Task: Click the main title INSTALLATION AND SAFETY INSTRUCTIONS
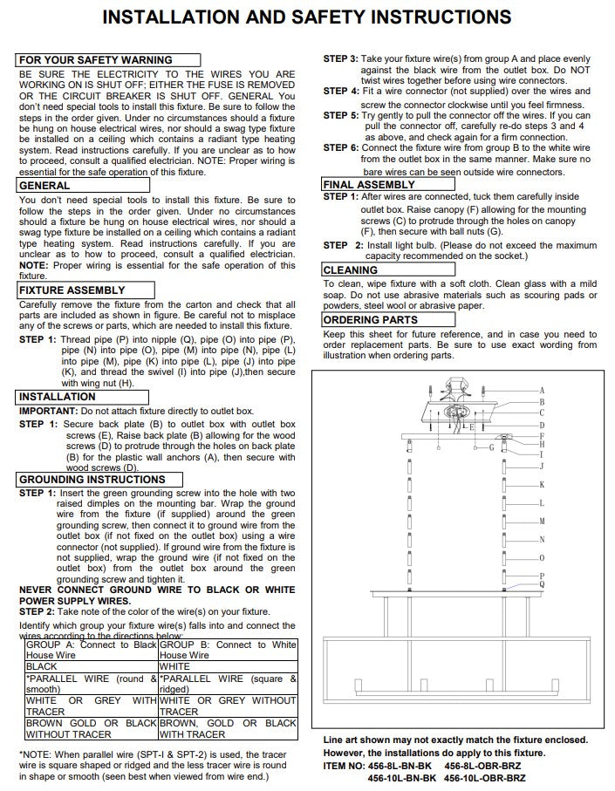coord(307,17)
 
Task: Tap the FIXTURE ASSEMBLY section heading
coord(72,290)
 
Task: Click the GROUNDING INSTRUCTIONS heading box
coord(92,480)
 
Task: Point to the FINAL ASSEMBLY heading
coord(369,185)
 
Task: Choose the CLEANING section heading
coord(350,271)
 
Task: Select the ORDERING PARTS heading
coord(371,320)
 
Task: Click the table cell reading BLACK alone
coord(42,665)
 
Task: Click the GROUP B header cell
coord(228,650)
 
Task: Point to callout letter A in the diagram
coord(542,390)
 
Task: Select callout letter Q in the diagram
coord(542,583)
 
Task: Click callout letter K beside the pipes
coord(542,485)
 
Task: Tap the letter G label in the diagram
coord(491,447)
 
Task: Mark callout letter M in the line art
coord(542,522)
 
